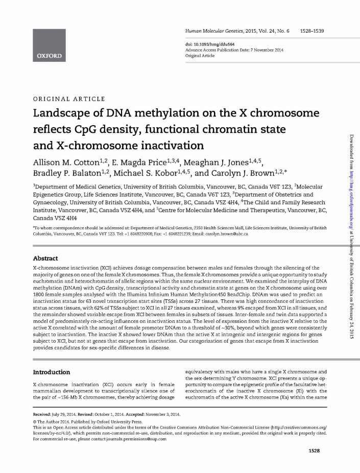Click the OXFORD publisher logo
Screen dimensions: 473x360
(49, 55)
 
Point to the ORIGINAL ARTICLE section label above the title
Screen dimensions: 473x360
(69, 99)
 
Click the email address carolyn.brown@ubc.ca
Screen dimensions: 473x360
(226, 233)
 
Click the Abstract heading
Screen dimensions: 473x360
(45, 258)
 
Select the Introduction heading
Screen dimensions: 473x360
(52, 372)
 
